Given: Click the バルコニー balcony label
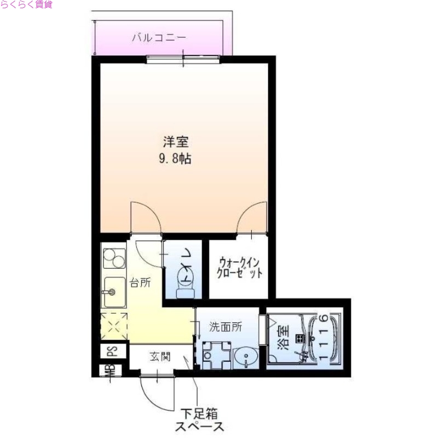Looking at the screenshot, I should click(159, 38).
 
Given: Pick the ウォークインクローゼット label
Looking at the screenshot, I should click(239, 267).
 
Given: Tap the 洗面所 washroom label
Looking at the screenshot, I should click(225, 327).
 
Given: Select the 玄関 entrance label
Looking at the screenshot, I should click(160, 357).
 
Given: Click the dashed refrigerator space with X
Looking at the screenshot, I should click(113, 326).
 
